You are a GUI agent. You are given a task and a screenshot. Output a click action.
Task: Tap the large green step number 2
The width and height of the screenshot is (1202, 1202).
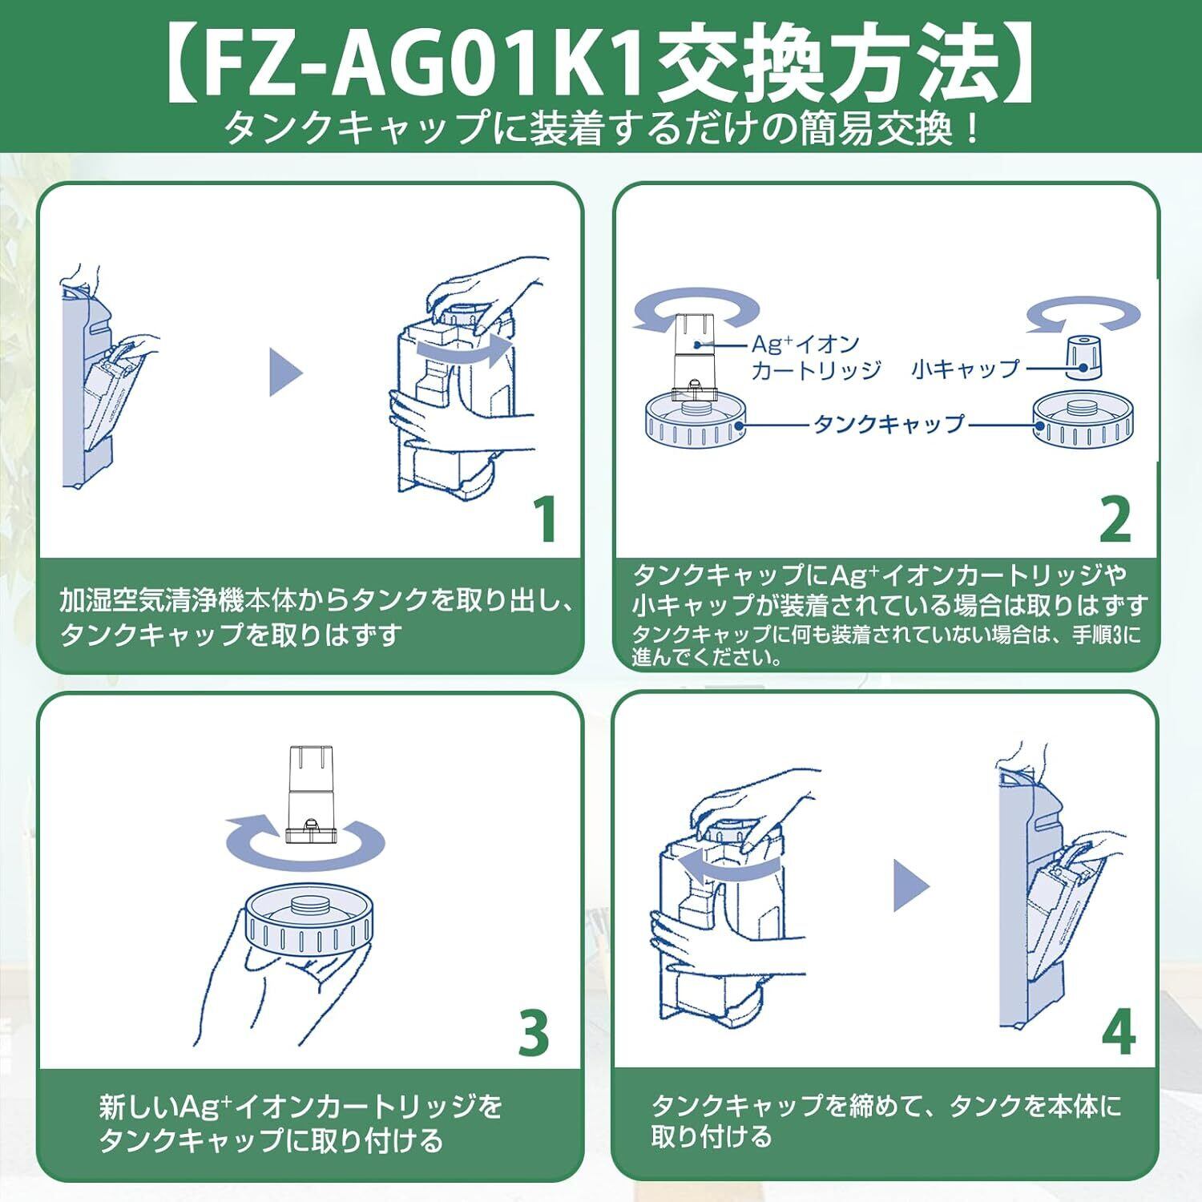pos(1115,519)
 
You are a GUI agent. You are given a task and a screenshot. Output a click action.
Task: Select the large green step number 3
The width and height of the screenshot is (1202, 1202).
pos(534,1033)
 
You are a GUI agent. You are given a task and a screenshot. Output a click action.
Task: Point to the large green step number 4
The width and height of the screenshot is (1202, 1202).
pos(1118,1033)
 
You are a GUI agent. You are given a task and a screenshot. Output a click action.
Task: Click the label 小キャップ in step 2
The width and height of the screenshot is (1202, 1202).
pos(965,369)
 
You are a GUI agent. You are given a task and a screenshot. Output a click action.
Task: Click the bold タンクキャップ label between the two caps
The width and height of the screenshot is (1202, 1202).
pos(889,424)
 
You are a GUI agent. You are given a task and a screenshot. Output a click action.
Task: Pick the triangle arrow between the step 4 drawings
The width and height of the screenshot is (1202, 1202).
pos(910,886)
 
